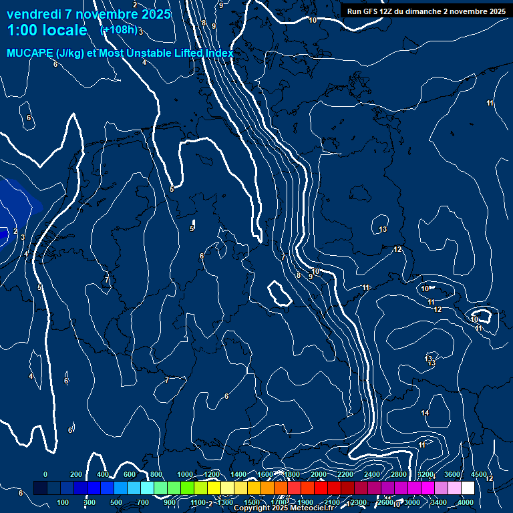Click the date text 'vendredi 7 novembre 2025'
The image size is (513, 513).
(x=89, y=14)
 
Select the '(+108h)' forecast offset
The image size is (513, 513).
(x=119, y=29)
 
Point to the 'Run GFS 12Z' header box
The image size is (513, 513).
(x=425, y=11)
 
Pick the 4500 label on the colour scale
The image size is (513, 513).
(x=478, y=474)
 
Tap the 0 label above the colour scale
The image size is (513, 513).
(x=45, y=474)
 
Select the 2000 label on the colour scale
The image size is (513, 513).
(x=319, y=474)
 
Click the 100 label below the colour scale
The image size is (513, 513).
(x=63, y=502)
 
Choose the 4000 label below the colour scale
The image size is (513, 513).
(x=466, y=502)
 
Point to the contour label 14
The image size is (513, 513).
(x=425, y=413)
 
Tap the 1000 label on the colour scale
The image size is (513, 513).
(x=185, y=474)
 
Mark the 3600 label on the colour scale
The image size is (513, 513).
(x=452, y=474)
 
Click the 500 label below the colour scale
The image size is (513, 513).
(x=116, y=502)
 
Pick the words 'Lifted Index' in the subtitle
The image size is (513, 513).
(x=204, y=53)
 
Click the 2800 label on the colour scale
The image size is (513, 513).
(x=399, y=474)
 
